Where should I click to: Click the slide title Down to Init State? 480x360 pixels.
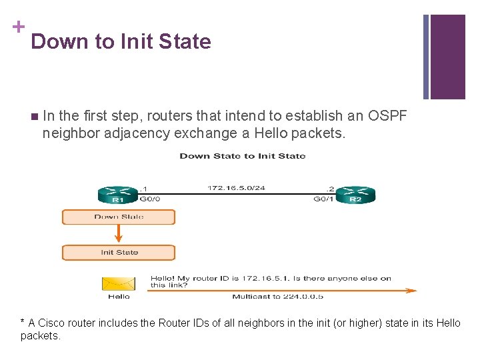point(121,41)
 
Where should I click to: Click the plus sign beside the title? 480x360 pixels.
point(19,27)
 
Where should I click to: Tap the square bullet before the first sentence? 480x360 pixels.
point(34,116)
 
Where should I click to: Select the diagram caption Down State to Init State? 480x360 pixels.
point(243,156)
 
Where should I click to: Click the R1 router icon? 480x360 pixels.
point(117,193)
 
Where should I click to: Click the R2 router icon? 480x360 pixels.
point(355,193)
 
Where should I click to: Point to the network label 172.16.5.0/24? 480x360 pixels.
point(236,188)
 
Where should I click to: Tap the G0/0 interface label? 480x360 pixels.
point(150,199)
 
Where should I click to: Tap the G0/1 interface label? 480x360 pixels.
point(323,199)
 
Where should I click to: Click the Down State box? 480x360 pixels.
point(119,217)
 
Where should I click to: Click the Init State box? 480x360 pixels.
point(119,252)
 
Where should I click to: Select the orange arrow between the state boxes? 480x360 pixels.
point(119,234)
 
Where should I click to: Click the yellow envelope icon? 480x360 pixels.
point(119,283)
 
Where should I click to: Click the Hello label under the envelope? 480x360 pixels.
point(119,296)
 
